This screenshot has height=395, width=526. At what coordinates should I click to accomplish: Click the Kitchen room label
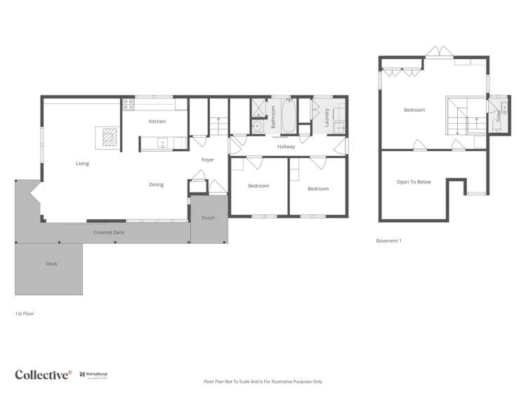tap(157, 122)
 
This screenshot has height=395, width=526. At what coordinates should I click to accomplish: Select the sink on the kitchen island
tap(162, 143)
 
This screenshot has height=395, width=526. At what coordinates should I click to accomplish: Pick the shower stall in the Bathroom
tap(258, 108)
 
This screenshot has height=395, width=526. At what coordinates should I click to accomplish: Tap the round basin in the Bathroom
tap(258, 127)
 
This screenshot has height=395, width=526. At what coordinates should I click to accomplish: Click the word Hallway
tap(286, 147)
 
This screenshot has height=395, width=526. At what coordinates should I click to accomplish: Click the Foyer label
tap(208, 160)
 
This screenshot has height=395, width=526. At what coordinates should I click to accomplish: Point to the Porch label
tap(208, 218)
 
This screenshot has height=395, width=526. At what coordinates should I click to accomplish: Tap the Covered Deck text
tap(109, 232)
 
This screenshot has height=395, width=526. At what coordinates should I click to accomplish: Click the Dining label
tap(156, 185)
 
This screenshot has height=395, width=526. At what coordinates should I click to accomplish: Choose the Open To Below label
tap(414, 182)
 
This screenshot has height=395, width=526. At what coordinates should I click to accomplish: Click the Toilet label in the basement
tap(499, 117)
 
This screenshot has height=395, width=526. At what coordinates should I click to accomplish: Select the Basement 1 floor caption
tap(388, 241)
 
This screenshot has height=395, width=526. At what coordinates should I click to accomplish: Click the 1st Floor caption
tap(25, 313)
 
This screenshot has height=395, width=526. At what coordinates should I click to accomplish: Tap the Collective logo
tap(43, 375)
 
